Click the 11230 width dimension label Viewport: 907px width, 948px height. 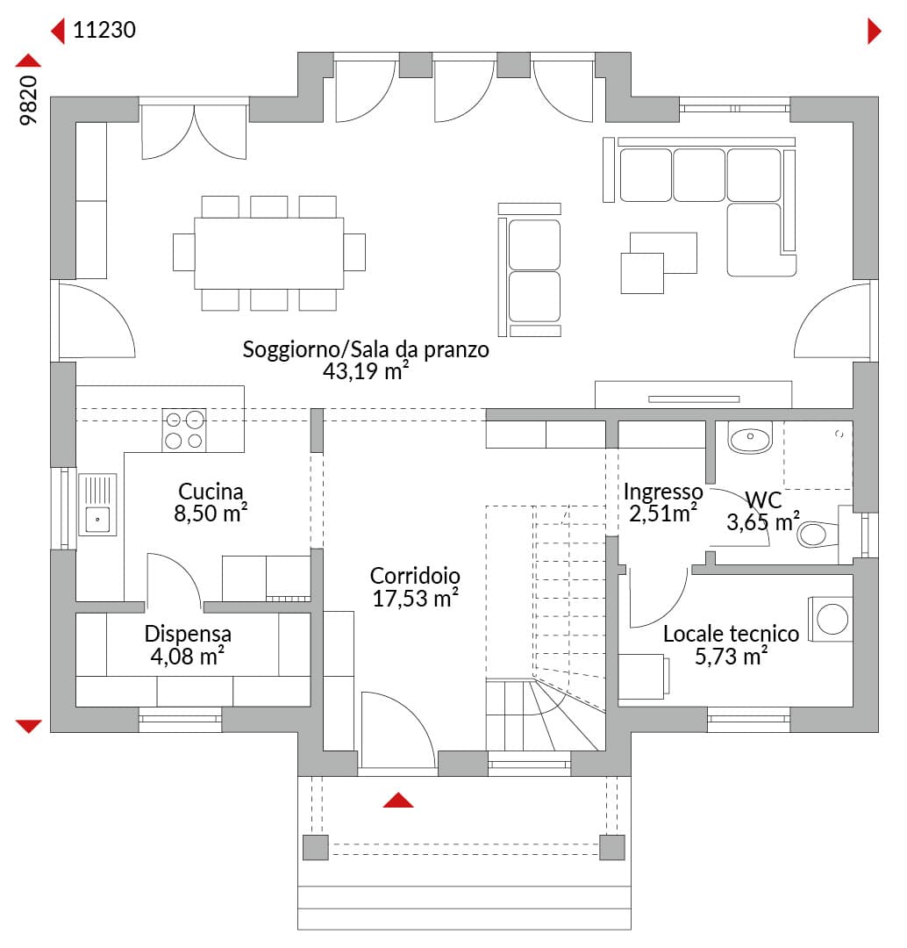pyautogui.click(x=104, y=30)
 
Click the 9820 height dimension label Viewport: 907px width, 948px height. pyautogui.click(x=28, y=100)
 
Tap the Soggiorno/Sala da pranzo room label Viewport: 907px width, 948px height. pyautogui.click(x=366, y=349)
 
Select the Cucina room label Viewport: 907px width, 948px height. pyautogui.click(x=211, y=491)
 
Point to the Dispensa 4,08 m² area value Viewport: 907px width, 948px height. pyautogui.click(x=188, y=656)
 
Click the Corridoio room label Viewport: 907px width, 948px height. pyautogui.click(x=415, y=576)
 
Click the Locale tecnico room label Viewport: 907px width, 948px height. pyautogui.click(x=732, y=634)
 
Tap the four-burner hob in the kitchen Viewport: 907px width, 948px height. pyautogui.click(x=183, y=430)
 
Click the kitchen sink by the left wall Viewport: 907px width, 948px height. pyautogui.click(x=97, y=504)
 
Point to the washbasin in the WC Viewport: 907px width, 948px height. pyautogui.click(x=750, y=438)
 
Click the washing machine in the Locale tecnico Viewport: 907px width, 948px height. pyautogui.click(x=831, y=619)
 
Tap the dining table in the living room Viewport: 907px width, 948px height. pyautogui.click(x=269, y=254)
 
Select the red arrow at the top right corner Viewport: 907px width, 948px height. pyautogui.click(x=875, y=31)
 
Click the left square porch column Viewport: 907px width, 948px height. pyautogui.click(x=316, y=847)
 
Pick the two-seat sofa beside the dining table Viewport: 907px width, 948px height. pyautogui.click(x=530, y=269)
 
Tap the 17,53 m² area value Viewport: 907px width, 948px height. pyautogui.click(x=415, y=598)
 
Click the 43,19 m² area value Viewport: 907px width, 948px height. pyautogui.click(x=366, y=371)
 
